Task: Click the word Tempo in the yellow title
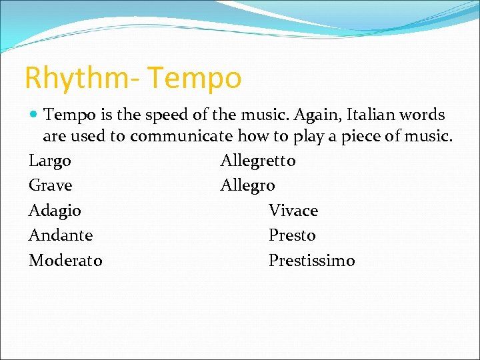[195, 79]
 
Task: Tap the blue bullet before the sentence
[33, 115]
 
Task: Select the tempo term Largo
[50, 161]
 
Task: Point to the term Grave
[50, 185]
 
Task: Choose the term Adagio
[55, 211]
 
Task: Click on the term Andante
[61, 235]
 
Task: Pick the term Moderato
[65, 261]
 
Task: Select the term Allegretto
[258, 161]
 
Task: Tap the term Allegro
[247, 186]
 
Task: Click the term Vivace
[293, 211]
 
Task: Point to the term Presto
[292, 235]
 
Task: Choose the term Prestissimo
[312, 261]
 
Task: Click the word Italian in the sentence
[375, 114]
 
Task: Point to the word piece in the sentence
[363, 137]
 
